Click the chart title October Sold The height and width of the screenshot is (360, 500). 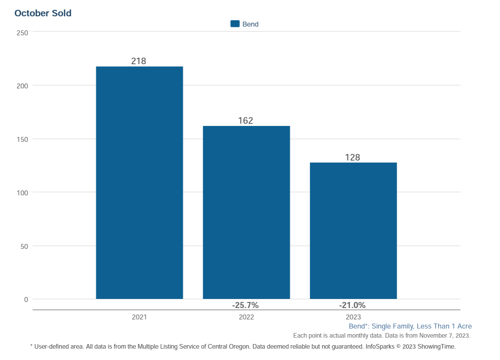tap(43, 13)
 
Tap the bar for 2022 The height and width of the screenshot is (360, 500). tap(246, 212)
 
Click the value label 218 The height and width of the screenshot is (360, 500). tap(139, 61)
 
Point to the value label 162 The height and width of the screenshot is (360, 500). tap(246, 121)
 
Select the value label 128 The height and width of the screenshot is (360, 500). tap(352, 157)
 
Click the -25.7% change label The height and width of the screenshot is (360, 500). tap(245, 305)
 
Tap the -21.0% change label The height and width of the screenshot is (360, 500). tap(352, 305)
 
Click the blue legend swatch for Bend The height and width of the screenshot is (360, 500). tap(235, 24)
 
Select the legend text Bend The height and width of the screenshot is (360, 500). tap(250, 24)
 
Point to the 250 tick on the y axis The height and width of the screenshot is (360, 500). tap(22, 33)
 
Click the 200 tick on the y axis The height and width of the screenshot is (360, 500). tap(22, 86)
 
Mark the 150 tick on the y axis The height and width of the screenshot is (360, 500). tap(22, 140)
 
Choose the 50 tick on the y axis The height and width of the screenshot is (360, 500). tap(24, 247)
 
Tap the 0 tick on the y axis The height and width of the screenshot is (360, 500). tap(26, 300)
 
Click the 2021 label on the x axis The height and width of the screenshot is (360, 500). tap(139, 317)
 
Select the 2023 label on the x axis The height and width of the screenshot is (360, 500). tap(353, 317)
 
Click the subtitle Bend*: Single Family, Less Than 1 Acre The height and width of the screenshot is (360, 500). tap(410, 326)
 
